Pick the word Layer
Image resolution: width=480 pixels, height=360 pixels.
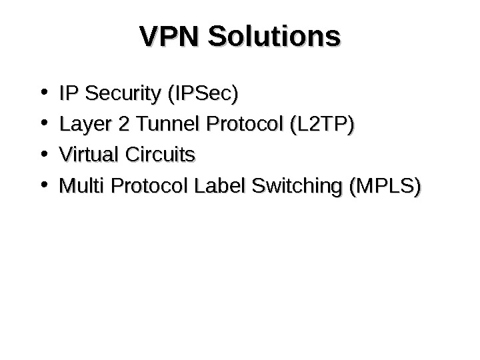79,125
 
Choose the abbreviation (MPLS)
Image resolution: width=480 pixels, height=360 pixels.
384,187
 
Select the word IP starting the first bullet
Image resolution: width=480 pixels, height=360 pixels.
67,93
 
